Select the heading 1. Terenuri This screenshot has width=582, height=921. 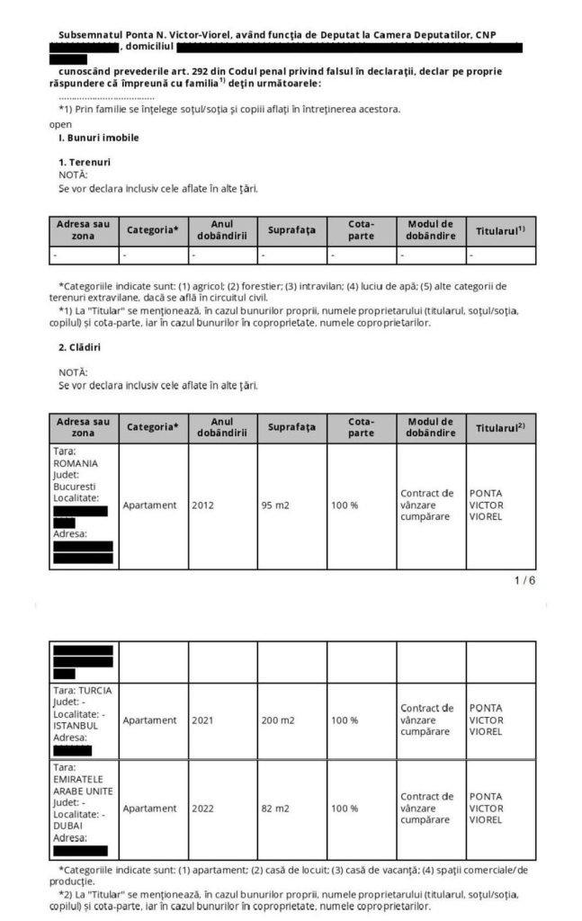85,162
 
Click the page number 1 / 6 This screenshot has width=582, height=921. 524,580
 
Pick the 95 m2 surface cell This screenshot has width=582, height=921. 275,505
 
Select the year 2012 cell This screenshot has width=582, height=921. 203,505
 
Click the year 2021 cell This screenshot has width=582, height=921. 203,720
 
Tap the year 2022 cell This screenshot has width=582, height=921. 203,809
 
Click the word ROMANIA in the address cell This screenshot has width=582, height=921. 76,463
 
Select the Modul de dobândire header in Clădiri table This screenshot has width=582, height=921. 431,427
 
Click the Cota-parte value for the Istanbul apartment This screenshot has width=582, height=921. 345,720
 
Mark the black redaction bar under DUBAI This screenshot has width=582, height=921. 80,850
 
